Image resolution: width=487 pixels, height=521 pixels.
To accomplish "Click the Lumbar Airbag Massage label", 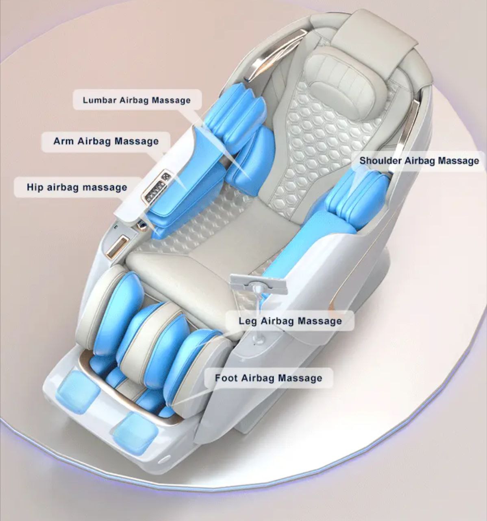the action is (137, 100).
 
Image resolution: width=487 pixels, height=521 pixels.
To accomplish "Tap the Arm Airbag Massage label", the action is (106, 141).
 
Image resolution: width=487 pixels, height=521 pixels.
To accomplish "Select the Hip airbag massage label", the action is (77, 187).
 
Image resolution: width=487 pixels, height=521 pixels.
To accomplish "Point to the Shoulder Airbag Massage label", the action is (419, 160).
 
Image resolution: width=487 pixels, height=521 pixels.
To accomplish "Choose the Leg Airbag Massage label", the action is (290, 321).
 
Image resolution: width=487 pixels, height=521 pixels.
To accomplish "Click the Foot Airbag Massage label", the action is (268, 378).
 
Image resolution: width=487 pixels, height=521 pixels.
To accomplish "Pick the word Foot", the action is (226, 378).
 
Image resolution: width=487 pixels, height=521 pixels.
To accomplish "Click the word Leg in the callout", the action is (248, 321).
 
